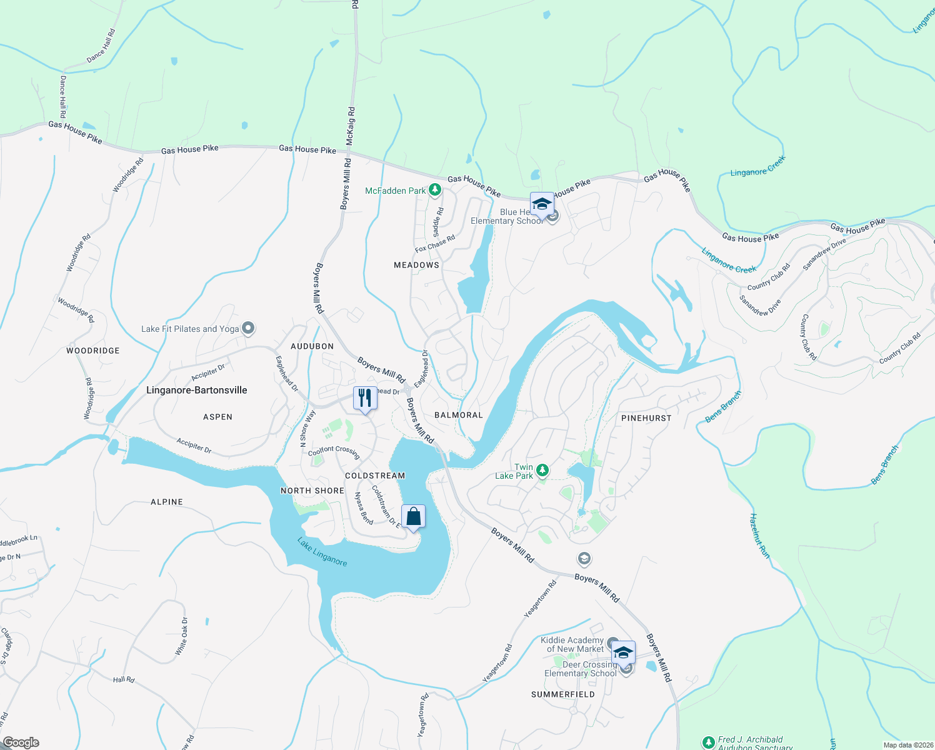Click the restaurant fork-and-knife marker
[365, 398]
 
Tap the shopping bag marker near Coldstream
[413, 517]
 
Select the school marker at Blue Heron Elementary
[542, 204]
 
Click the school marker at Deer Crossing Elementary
[623, 653]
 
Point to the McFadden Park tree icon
[436, 190]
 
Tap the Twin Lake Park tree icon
[542, 469]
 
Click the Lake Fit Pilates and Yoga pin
[248, 328]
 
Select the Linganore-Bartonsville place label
[196, 390]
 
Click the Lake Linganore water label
[322, 552]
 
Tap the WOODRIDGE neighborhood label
[93, 351]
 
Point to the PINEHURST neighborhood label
[646, 418]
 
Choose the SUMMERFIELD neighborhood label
[563, 694]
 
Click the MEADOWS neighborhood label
[416, 265]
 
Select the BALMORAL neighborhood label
[459, 415]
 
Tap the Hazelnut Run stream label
[759, 536]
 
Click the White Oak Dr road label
[181, 636]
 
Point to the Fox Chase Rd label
[435, 244]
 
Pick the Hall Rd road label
[124, 679]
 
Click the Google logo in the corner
[21, 742]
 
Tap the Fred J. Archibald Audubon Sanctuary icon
[708, 742]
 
